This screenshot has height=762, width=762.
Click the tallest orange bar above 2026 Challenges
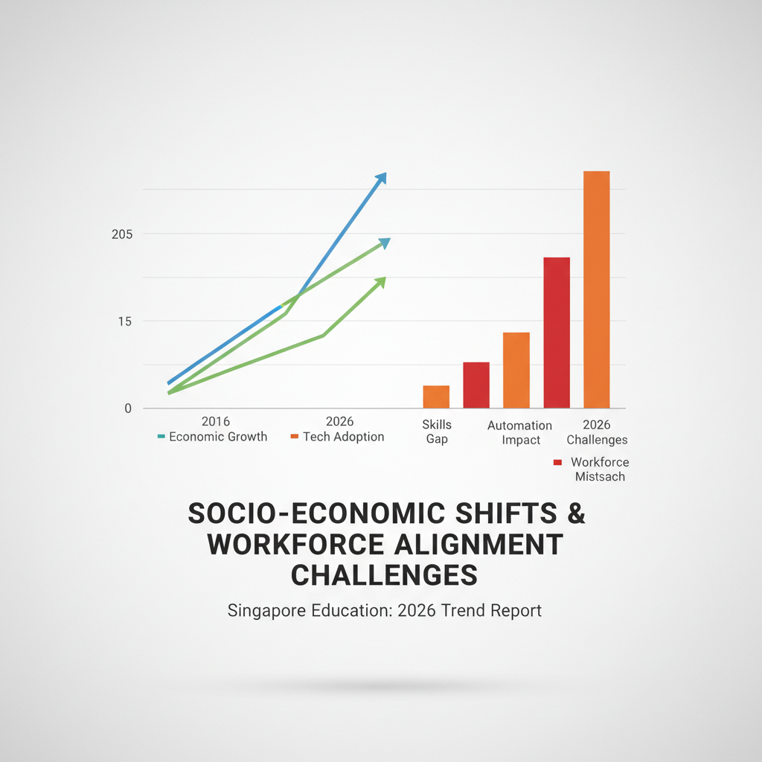[x=596, y=289]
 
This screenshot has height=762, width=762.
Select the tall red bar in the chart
[x=557, y=333]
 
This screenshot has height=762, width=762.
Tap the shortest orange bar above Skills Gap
[x=436, y=397]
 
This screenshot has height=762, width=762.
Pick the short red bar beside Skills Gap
[x=476, y=385]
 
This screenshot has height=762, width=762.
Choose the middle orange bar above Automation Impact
[x=516, y=371]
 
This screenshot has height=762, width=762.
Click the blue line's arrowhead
[x=380, y=178]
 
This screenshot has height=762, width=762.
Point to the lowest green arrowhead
[x=380, y=283]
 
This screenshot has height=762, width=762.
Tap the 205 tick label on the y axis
[x=122, y=234]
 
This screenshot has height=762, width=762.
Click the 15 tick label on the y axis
[x=125, y=321]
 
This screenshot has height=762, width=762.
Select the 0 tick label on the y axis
[x=128, y=409]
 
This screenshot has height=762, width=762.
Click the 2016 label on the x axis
[x=215, y=421]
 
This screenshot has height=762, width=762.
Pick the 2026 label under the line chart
[x=339, y=421]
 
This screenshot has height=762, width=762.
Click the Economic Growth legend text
[x=218, y=436]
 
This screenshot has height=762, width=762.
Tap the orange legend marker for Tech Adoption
[x=294, y=436]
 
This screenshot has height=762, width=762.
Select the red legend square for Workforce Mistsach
[x=557, y=462]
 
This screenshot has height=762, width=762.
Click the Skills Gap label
[x=437, y=432]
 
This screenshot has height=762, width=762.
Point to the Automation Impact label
[x=520, y=432]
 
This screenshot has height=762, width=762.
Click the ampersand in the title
[x=576, y=513]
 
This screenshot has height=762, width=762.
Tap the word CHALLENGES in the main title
[x=384, y=575]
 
